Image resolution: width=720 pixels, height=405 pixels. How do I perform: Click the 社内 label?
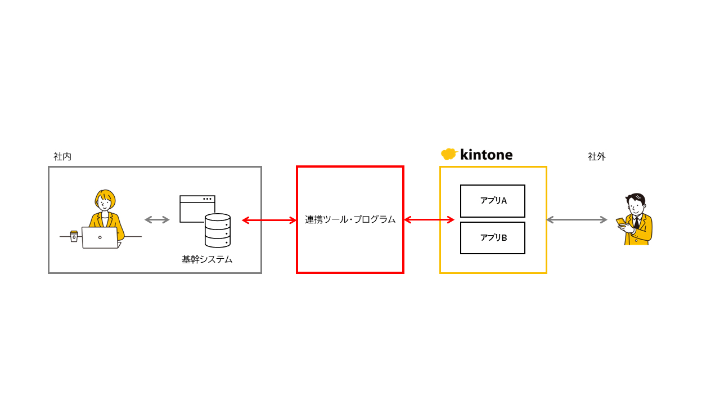[x=62, y=157]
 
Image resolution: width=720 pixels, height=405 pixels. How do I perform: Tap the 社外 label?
[x=597, y=157]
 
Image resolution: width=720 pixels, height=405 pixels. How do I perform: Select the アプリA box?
[x=493, y=201]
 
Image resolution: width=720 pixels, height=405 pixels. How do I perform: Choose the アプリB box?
[x=493, y=238]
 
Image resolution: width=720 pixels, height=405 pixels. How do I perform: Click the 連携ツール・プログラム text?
[x=350, y=219]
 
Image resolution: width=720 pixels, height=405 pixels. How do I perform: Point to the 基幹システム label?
[x=207, y=259]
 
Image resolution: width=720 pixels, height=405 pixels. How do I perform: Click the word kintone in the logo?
[x=486, y=155]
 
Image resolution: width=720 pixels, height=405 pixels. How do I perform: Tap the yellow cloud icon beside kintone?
[x=448, y=154]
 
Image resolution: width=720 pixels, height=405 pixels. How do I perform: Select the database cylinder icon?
[x=218, y=231]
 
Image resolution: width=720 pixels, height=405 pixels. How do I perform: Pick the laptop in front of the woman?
[x=100, y=237]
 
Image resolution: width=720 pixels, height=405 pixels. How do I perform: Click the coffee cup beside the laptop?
[x=74, y=236]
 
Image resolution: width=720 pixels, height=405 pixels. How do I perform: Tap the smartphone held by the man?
[x=620, y=222]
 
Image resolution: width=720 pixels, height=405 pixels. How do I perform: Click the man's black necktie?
[x=636, y=223]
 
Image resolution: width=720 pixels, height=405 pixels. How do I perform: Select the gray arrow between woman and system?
[x=157, y=219]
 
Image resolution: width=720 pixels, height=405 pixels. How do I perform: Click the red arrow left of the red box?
[x=269, y=220]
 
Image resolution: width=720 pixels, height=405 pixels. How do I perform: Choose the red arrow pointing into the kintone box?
[x=429, y=219]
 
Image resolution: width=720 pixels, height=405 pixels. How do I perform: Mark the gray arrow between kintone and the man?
[x=577, y=219]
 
